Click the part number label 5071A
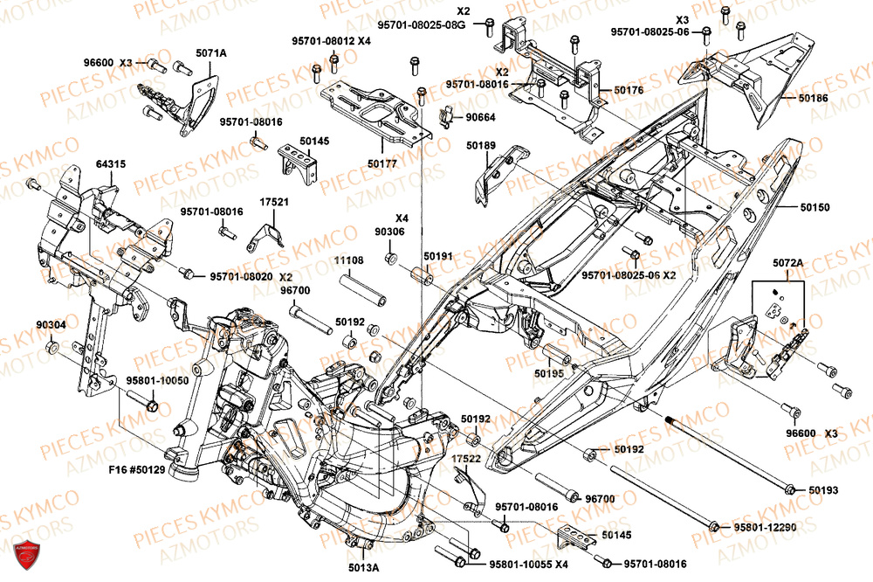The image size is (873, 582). (x=210, y=53)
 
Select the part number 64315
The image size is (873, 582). (x=110, y=163)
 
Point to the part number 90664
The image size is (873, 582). (x=481, y=116)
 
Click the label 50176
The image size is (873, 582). (x=629, y=90)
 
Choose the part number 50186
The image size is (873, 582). (x=815, y=99)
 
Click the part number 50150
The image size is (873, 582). (x=815, y=208)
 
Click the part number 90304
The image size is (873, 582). (x=51, y=324)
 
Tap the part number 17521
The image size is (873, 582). (x=273, y=201)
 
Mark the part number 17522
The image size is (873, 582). (x=466, y=459)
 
